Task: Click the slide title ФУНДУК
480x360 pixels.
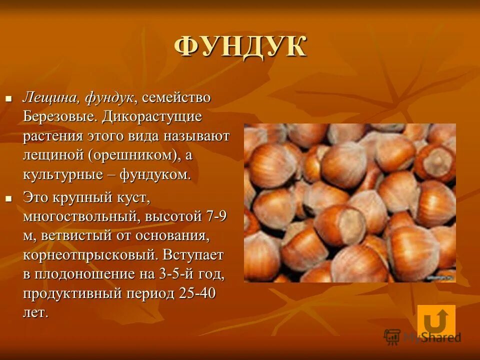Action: coord(240,46)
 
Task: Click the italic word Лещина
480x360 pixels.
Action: coord(51,97)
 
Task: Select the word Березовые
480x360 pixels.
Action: coord(59,117)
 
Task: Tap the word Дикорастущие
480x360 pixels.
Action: coord(152,117)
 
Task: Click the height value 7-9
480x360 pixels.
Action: coord(216,217)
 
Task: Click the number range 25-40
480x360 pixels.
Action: coord(197,294)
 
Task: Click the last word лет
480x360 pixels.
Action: coord(35,313)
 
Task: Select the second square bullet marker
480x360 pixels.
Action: coord(8,198)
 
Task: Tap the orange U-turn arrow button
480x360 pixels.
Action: coord(436,320)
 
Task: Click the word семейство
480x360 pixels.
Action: coord(176,97)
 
